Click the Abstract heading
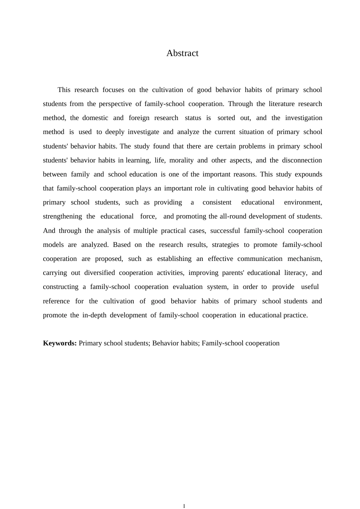182,53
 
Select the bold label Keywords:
60,343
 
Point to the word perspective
115,104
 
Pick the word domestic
95,118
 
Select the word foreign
139,118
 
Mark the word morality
181,160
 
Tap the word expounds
308,174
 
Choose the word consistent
217,202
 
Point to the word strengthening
62,216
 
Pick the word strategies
225,245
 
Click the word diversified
99,273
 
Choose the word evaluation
188,287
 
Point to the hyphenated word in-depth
94,315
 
